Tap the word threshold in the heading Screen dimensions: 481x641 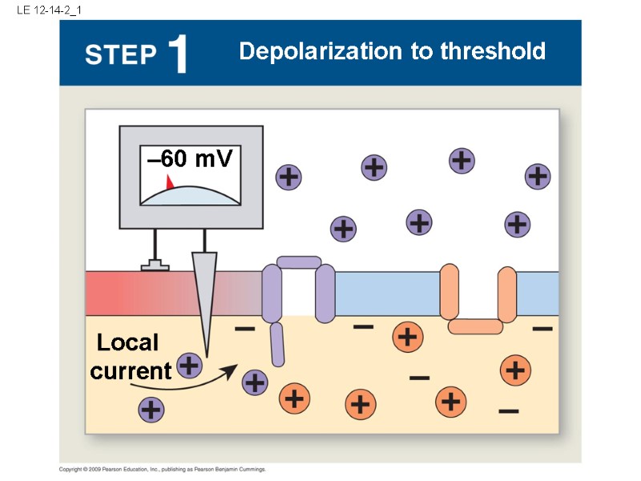coord(493,52)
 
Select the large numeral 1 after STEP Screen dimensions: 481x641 coord(179,54)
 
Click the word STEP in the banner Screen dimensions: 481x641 coord(120,55)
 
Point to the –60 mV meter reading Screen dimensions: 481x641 coord(190,160)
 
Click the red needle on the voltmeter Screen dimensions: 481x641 coord(169,182)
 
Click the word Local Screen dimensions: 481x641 coord(127,343)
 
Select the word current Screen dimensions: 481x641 coord(131,371)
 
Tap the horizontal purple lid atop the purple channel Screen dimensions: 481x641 coord(299,262)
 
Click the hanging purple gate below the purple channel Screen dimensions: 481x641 coord(277,343)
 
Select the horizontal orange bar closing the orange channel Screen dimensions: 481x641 coord(475,326)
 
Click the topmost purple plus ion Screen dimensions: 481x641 coord(461,160)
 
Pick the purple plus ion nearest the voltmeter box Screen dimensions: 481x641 coord(288,176)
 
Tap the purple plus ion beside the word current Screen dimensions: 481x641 coord(189,366)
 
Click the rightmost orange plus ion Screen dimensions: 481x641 coord(515,370)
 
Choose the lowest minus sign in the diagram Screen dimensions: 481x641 coord(508,411)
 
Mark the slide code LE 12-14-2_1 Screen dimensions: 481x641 coord(47,10)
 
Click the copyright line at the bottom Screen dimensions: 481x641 coord(163,469)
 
